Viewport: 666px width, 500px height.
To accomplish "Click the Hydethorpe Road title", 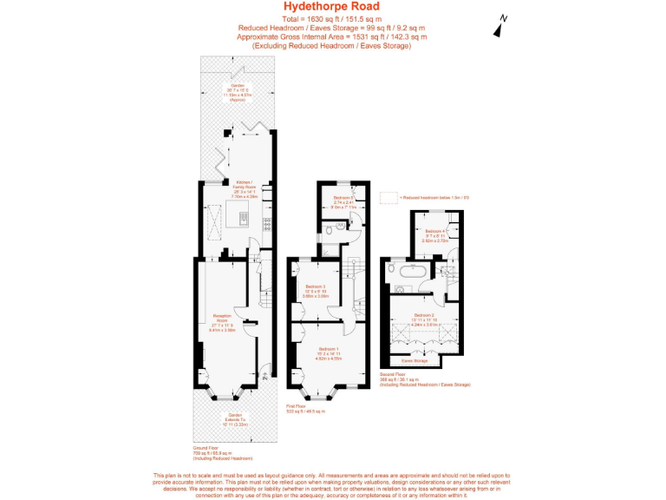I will coord(332,7).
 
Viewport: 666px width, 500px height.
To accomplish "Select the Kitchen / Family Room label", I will coord(244,188).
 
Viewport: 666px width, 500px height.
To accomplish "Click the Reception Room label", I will coord(222,324).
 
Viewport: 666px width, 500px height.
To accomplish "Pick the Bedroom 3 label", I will coord(315,290).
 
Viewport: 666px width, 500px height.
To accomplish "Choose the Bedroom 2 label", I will coord(424,319).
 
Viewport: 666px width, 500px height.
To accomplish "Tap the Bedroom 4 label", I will coord(435,234).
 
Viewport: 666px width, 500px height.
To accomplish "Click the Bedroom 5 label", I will coord(343,202).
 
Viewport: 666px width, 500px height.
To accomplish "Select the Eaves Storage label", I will coord(415,359).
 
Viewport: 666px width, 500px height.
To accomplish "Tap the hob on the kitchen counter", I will coord(267,221).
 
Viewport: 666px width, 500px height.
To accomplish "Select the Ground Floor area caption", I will coord(215,452).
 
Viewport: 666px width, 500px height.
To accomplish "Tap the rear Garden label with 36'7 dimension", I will coord(238,91).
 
